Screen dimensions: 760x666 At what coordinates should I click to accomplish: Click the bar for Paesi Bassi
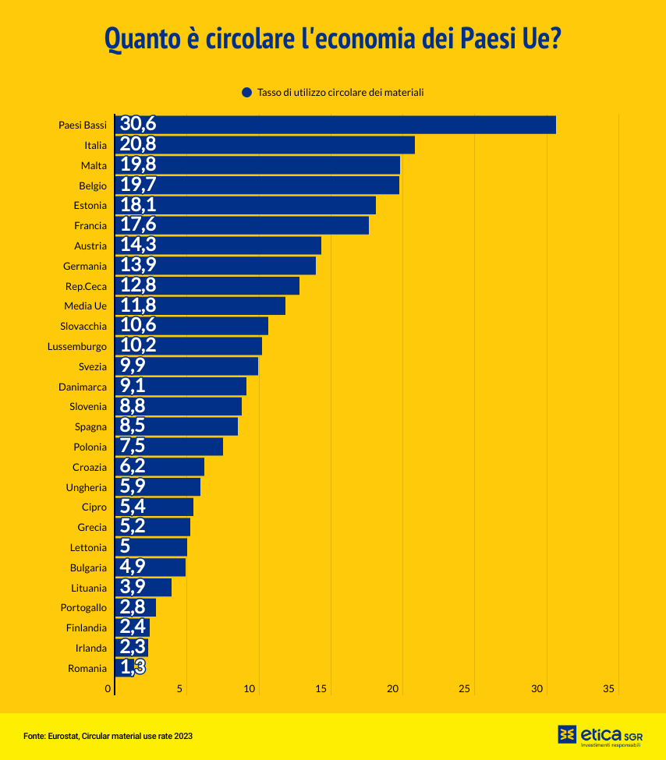(335, 125)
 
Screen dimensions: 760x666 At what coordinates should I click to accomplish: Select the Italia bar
(265, 145)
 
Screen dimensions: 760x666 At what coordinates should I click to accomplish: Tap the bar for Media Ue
(200, 306)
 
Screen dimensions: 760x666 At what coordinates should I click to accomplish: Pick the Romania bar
(125, 668)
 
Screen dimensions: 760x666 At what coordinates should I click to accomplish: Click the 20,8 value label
(138, 144)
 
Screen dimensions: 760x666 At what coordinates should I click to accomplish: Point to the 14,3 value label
(138, 245)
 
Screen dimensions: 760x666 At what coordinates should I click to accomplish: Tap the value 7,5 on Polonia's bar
(133, 447)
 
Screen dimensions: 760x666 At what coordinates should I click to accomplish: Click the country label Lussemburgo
(76, 346)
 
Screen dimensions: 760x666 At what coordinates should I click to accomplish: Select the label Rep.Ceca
(86, 286)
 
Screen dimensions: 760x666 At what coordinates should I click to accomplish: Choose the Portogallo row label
(83, 608)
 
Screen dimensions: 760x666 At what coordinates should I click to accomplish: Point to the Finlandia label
(87, 627)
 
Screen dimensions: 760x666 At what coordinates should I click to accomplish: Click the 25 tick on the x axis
(465, 689)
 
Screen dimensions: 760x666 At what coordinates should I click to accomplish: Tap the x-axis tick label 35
(609, 689)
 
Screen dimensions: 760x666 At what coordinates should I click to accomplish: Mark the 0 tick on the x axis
(108, 689)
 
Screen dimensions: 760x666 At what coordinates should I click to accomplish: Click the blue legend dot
(247, 92)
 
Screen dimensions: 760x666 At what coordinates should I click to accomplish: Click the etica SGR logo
(600, 735)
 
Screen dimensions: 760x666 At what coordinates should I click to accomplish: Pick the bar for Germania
(215, 266)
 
